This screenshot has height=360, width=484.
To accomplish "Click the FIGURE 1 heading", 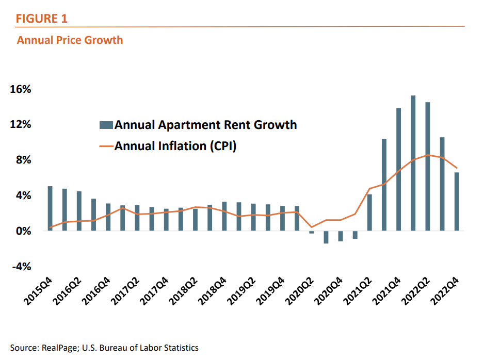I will [42, 19].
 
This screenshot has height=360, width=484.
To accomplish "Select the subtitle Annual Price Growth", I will [70, 40].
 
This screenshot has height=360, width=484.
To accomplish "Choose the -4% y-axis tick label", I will [22, 267].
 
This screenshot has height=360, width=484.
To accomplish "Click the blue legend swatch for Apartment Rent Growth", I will [106, 125].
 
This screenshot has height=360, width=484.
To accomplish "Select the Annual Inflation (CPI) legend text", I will [175, 146].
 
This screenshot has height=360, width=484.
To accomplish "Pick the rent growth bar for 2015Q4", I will [50, 208].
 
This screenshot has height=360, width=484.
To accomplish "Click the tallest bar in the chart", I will [413, 163].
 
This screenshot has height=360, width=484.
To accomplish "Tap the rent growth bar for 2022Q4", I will [457, 202].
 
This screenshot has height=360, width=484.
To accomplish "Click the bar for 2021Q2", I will [369, 212].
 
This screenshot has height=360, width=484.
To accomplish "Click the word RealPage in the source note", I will [58, 348].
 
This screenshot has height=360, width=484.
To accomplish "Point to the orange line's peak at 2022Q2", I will [427, 155].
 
